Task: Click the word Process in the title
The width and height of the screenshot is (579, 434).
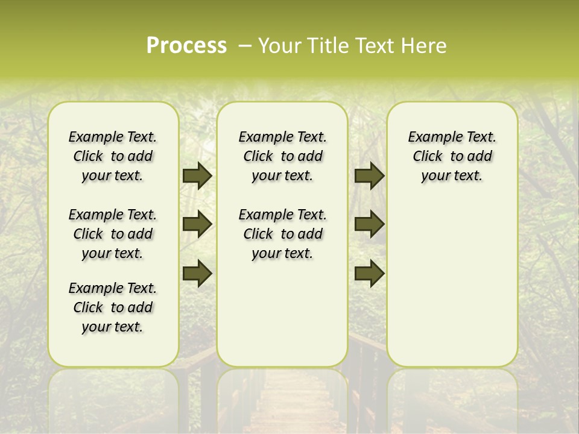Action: point(186,46)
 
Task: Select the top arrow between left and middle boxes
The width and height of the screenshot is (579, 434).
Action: point(197,176)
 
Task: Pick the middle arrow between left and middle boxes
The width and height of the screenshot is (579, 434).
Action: point(197,225)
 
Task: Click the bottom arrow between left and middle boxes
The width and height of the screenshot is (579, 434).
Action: point(197,273)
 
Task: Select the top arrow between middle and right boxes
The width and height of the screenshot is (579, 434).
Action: point(369,176)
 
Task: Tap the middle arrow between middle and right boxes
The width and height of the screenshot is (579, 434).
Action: point(369,225)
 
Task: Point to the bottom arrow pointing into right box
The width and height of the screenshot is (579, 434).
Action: point(369,273)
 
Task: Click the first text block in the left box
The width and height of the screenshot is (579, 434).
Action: point(113,156)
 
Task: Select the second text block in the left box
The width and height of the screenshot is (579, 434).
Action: point(113,234)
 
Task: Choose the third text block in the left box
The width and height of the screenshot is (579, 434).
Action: point(113,307)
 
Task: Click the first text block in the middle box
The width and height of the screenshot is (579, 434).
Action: point(282,156)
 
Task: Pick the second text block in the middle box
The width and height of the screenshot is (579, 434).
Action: point(282,234)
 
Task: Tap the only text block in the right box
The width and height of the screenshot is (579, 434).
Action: point(452,156)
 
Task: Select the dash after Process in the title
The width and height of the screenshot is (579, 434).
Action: point(244,46)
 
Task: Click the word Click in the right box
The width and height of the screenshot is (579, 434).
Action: point(428,156)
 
